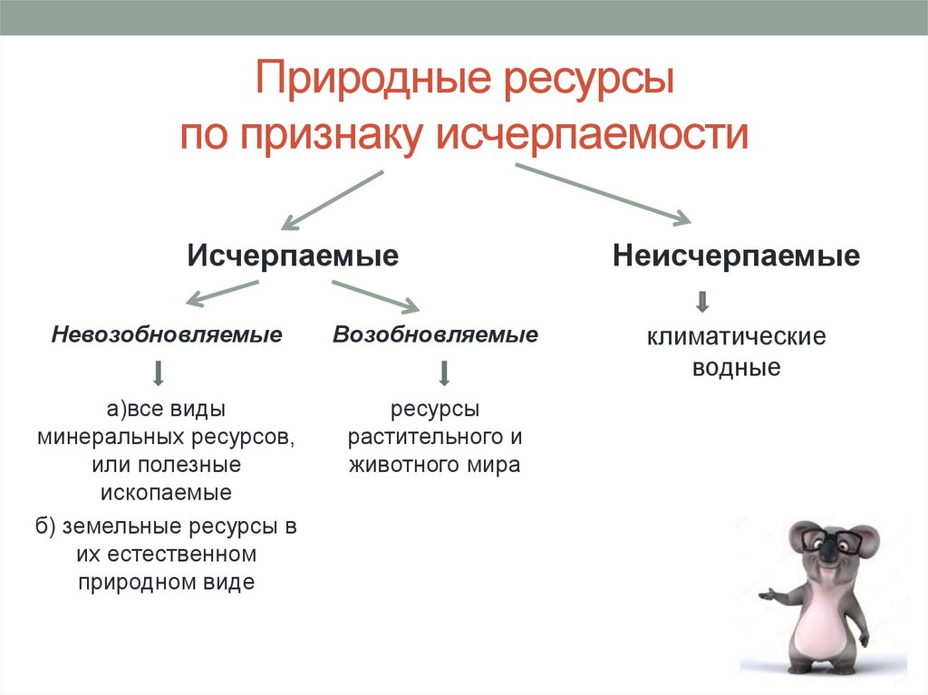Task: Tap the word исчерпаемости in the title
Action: point(594,134)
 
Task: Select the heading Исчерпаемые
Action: point(293,256)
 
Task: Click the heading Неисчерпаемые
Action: point(736,256)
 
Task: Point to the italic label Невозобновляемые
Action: point(167,335)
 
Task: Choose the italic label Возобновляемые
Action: point(435,335)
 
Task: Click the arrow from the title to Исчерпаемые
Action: point(333,198)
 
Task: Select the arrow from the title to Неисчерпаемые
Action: point(603,192)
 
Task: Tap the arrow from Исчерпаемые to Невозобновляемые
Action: point(222,293)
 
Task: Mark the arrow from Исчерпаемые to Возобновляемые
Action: point(373,296)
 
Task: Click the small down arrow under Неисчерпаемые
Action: point(702,303)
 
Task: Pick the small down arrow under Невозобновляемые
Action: point(158,373)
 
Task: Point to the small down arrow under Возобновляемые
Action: point(444,373)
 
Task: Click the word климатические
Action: point(736,338)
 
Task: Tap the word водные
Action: point(736,369)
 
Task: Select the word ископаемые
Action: point(166,493)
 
